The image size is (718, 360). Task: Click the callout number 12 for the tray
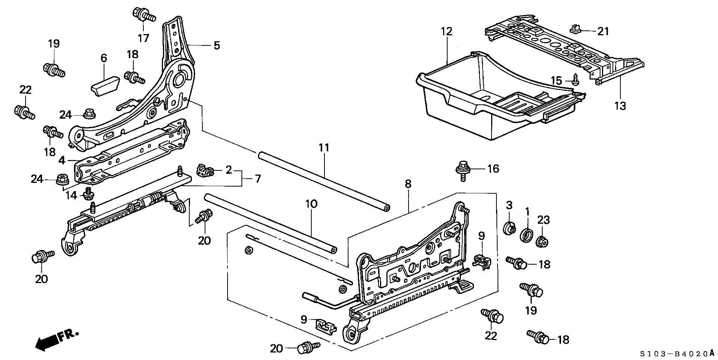tap(447, 31)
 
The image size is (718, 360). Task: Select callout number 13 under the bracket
tap(620, 106)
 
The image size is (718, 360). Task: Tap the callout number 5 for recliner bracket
tap(216, 45)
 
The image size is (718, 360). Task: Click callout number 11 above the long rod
tap(324, 148)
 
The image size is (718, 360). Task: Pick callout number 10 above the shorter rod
tap(311, 204)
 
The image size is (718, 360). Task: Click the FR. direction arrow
tap(56, 338)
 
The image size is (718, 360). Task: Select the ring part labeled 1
tap(526, 235)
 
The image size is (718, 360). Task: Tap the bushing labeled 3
tap(509, 229)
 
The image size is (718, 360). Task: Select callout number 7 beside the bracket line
tap(257, 179)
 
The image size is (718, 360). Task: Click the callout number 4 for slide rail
tap(62, 161)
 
